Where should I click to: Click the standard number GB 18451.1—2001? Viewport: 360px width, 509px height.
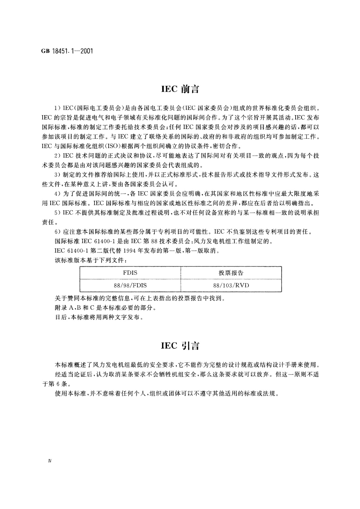[67, 50]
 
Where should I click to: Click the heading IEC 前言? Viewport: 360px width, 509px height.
[180, 89]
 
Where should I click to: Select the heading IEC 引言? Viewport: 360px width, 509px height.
[180, 345]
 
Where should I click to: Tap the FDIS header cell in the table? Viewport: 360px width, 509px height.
[130, 273]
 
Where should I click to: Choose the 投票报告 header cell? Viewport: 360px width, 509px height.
[231, 273]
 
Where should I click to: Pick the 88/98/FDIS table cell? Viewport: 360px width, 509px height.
[130, 285]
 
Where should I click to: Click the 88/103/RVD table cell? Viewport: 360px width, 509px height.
[231, 285]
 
